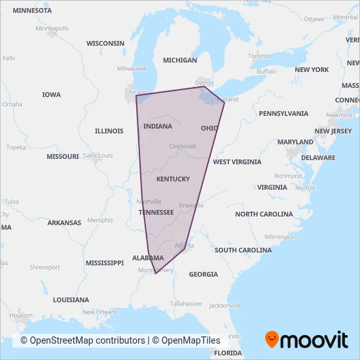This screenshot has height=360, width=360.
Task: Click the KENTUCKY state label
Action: click(x=173, y=179)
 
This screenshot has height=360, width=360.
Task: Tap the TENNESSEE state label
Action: click(x=156, y=212)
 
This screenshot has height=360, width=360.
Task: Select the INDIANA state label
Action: click(x=158, y=126)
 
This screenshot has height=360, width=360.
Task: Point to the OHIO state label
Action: click(x=209, y=128)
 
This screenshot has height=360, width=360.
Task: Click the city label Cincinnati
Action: click(x=182, y=146)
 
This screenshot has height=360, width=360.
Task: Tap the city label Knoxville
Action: click(x=192, y=205)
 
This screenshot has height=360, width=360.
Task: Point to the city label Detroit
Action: click(x=205, y=82)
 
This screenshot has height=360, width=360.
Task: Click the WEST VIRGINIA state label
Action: click(x=237, y=162)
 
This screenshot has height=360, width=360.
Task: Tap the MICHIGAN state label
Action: click(x=179, y=60)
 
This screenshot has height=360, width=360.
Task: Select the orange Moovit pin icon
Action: click(x=272, y=339)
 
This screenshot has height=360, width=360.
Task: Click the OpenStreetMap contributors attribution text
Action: click(x=82, y=340)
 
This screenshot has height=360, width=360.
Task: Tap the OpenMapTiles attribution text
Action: click(x=190, y=340)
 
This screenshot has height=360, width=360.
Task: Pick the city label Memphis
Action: click(x=100, y=220)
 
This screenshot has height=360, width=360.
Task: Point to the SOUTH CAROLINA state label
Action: click(x=243, y=250)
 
